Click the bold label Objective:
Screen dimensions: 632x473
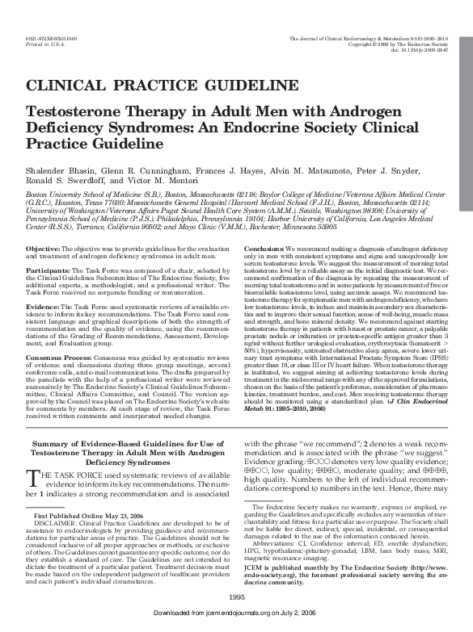(42, 224)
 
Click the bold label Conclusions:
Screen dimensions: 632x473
(264, 224)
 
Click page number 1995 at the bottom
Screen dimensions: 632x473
(236, 596)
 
